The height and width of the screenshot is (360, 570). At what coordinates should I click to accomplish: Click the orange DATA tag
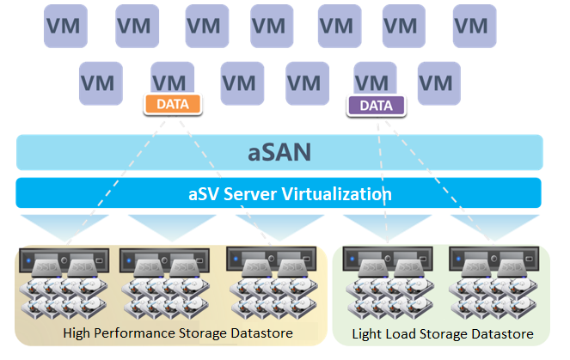coord(173,105)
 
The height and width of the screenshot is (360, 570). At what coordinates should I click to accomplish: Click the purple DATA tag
coord(376,106)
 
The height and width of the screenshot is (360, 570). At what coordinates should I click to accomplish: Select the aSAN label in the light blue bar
coord(279,153)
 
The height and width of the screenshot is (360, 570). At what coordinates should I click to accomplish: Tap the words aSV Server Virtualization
coord(279,193)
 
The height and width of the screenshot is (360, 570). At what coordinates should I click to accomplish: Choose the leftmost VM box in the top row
coord(65,26)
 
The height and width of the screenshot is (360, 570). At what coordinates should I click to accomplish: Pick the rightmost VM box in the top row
coord(469,26)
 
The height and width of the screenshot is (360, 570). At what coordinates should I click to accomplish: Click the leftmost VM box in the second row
coord(100,82)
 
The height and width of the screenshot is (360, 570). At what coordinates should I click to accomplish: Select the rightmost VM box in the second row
coord(438,82)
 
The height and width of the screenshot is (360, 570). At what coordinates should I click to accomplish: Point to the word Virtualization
coord(340,193)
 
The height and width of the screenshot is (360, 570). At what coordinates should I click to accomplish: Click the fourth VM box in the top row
coord(272,26)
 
